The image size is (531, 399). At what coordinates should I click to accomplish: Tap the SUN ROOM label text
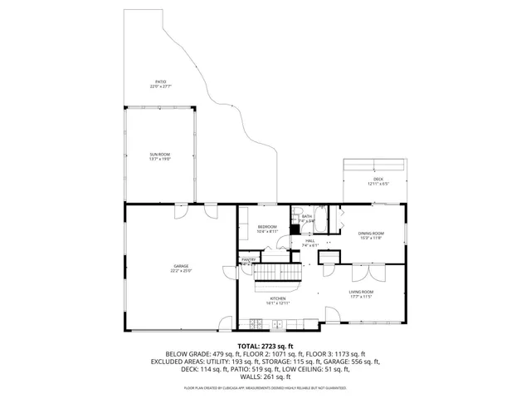159,155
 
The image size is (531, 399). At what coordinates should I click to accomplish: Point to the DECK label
378,180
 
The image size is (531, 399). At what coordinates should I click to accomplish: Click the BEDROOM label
266,227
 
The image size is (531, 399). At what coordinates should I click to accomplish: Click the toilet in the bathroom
295,229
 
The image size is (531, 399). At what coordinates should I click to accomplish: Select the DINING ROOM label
371,234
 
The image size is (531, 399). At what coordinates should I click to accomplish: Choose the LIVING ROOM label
361,292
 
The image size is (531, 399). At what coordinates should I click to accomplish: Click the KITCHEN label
278,298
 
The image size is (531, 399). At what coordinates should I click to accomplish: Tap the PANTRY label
248,259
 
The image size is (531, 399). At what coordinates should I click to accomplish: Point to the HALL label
310,240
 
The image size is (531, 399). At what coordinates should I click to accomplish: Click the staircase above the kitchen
278,273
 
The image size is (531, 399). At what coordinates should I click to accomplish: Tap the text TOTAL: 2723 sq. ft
265,345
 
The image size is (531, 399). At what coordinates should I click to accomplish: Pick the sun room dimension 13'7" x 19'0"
159,160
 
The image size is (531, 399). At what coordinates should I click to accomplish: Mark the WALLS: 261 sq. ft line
265,377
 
